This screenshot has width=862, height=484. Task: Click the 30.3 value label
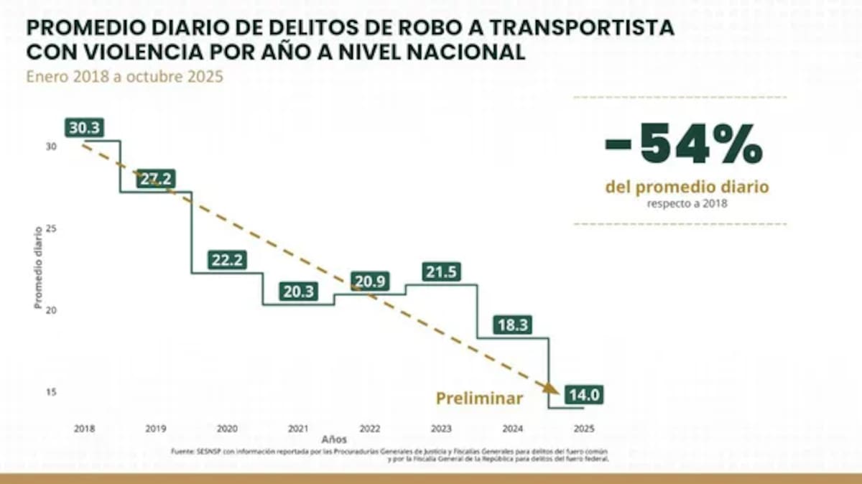pyautogui.click(x=85, y=128)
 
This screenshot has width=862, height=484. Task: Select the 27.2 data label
pyautogui.click(x=155, y=180)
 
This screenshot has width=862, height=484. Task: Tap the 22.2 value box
pyautogui.click(x=227, y=261)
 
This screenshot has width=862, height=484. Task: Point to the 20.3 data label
pyautogui.click(x=299, y=292)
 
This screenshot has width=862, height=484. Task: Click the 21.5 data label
pyautogui.click(x=441, y=273)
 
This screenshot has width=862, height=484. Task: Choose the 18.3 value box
pyautogui.click(x=513, y=325)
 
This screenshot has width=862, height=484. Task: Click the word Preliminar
pyautogui.click(x=479, y=399)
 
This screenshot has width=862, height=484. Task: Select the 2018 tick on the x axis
pyautogui.click(x=84, y=428)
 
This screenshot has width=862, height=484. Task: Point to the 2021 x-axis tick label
pyautogui.click(x=298, y=428)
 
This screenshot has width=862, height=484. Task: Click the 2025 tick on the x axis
pyautogui.click(x=583, y=428)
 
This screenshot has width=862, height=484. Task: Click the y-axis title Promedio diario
pyautogui.click(x=37, y=267)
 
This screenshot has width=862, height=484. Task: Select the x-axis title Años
pyautogui.click(x=334, y=439)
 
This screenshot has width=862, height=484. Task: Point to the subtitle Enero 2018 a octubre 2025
pyautogui.click(x=125, y=77)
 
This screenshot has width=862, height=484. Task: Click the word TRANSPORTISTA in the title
pyautogui.click(x=578, y=29)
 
